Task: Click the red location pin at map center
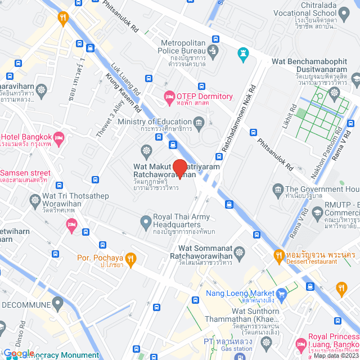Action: tap(179, 169)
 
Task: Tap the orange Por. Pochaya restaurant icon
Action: tap(130, 259)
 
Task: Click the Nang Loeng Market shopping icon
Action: tap(283, 293)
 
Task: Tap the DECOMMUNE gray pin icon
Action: tap(58, 304)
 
